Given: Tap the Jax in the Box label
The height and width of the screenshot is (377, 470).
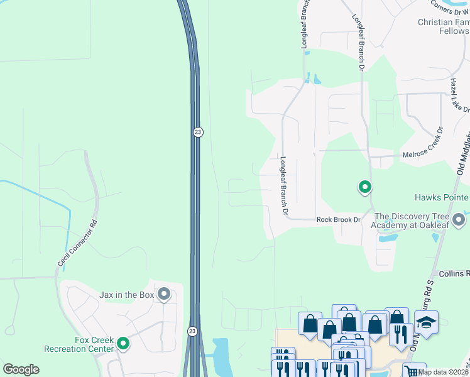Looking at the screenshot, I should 128,294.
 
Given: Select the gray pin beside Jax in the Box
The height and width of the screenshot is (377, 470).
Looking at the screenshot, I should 165,293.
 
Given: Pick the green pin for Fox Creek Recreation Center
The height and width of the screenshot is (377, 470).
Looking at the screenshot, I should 123,343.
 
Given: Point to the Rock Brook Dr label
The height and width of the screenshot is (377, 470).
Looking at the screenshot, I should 339,220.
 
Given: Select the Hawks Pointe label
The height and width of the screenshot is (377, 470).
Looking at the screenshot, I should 440,197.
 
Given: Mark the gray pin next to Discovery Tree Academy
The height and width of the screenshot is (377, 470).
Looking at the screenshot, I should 459,220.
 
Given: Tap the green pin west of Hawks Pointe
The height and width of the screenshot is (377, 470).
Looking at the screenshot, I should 364,187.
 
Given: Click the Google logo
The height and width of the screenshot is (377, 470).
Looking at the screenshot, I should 21,369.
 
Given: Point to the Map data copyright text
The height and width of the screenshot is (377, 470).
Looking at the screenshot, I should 444,372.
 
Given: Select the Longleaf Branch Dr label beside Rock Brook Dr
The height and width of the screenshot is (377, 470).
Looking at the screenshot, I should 284,187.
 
